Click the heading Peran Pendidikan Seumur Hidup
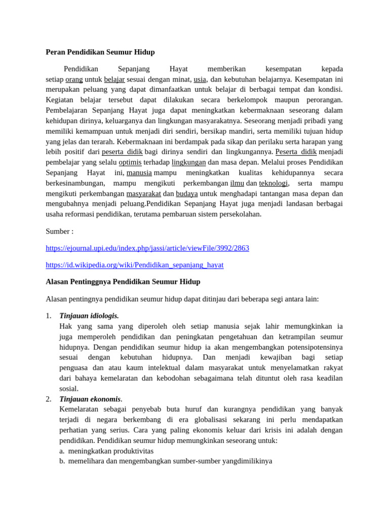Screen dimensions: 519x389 (x=100, y=52)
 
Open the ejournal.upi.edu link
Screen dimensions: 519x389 (x=147, y=248)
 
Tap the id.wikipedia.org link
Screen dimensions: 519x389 (x=134, y=265)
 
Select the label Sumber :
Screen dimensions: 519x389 (x=59, y=231)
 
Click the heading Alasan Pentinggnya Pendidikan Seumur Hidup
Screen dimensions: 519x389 (x=123, y=282)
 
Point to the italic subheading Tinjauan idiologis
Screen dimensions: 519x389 (x=89, y=316)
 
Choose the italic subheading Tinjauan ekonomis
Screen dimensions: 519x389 (x=90, y=399)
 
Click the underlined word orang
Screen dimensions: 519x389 (x=74, y=79)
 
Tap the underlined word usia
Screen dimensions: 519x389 (x=200, y=79)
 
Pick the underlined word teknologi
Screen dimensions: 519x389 (x=274, y=183)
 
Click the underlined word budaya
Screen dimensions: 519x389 (x=186, y=194)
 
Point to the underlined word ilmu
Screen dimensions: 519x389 (x=237, y=183)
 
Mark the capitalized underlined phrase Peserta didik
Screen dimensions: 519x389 (x=296, y=152)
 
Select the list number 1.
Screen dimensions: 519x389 (x=49, y=316)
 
